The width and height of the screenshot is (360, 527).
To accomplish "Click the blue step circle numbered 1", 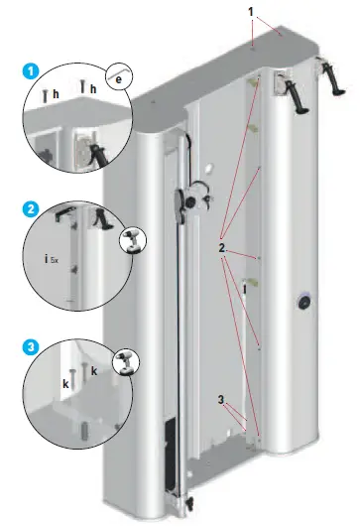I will point(30,72).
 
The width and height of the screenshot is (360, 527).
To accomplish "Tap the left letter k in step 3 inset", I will point(64,380).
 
